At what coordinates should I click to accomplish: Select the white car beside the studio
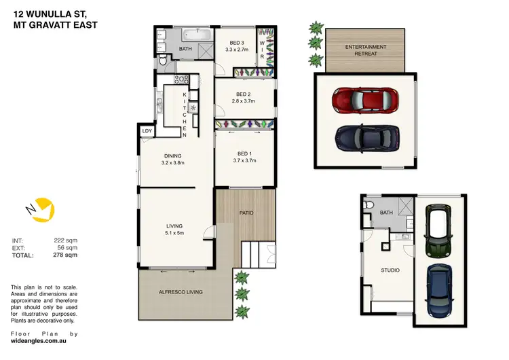click(x=438, y=231)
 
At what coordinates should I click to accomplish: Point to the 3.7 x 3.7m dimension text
click(x=244, y=160)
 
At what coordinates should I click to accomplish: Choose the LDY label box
click(x=147, y=131)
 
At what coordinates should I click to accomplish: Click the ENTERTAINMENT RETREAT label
click(x=366, y=50)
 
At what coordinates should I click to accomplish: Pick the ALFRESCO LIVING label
click(x=180, y=292)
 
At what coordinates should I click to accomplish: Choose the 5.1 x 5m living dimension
click(x=176, y=233)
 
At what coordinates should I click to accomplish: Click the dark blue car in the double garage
click(x=365, y=139)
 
